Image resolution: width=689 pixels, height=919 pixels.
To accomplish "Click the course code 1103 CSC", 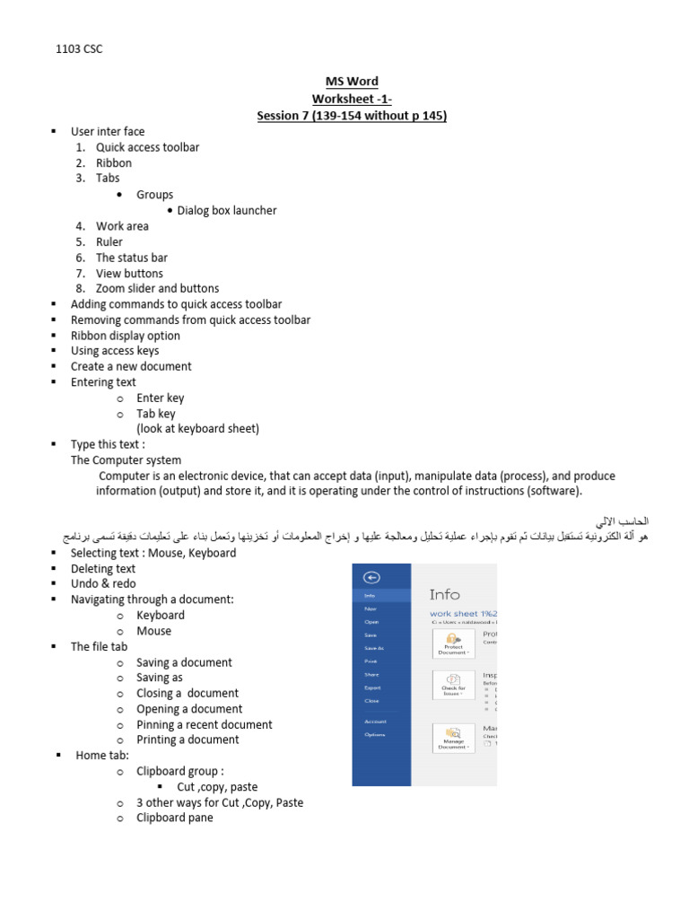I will click(x=79, y=49).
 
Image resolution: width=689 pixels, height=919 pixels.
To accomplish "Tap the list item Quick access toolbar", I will click(x=148, y=147).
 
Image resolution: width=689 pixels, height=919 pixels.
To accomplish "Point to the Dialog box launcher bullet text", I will click(x=227, y=210).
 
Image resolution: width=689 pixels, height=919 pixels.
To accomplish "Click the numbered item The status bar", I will click(x=132, y=258).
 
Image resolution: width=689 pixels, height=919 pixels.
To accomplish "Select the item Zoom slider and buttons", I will click(x=157, y=288).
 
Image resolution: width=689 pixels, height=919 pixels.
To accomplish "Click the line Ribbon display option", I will click(x=126, y=336).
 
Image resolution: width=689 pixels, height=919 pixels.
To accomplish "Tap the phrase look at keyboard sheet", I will click(x=197, y=428).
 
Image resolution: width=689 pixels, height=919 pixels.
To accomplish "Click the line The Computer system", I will click(x=126, y=459).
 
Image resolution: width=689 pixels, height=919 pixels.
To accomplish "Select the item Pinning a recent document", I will click(x=204, y=724).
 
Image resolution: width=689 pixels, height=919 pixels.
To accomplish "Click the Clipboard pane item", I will click(x=174, y=818).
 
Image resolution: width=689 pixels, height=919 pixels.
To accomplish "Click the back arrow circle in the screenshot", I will click(x=372, y=578).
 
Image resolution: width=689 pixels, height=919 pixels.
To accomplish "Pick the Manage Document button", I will click(x=453, y=739).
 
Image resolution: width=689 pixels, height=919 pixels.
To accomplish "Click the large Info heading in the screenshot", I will click(x=445, y=594).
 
